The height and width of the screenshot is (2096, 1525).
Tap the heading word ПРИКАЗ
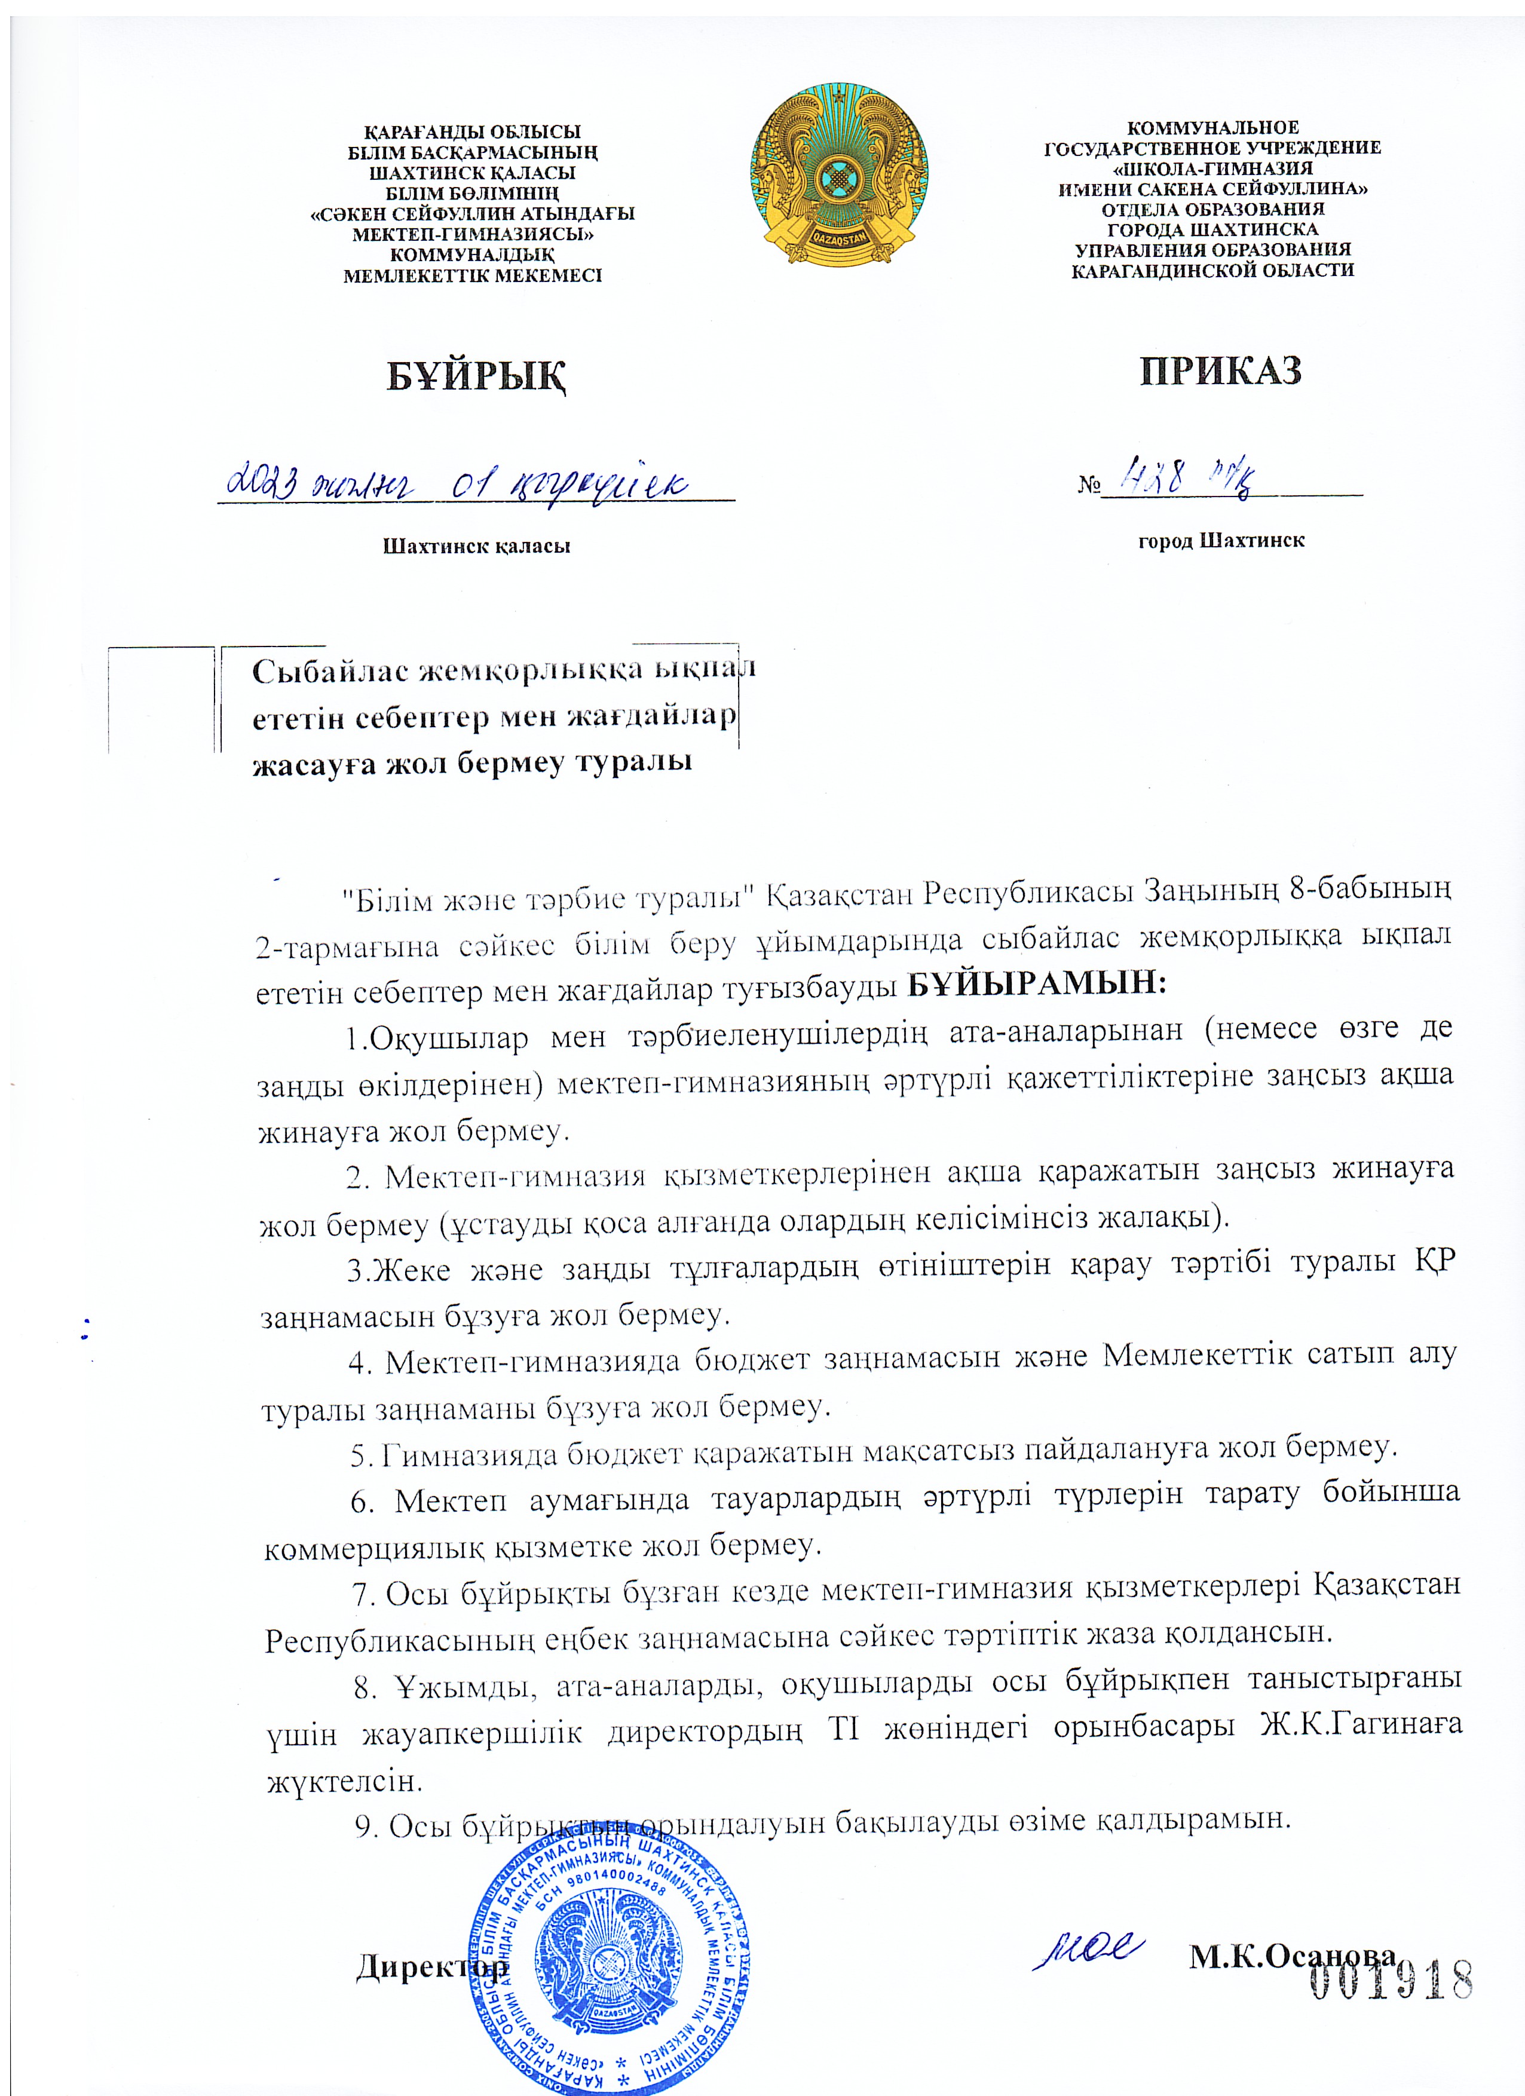[x=1220, y=370]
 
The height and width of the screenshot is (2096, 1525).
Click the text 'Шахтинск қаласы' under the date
[x=476, y=546]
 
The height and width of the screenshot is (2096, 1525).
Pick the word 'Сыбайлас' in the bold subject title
[x=328, y=671]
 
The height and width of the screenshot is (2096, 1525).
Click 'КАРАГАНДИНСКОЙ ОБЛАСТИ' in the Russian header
[x=1212, y=270]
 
